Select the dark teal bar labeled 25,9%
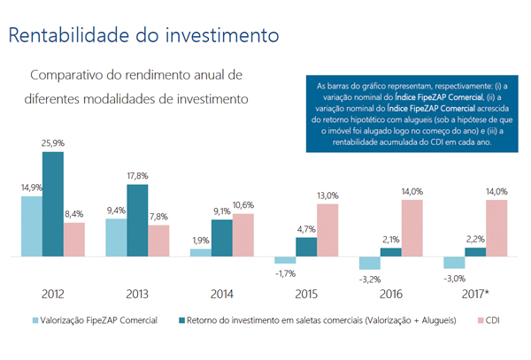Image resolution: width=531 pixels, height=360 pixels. click(52, 203)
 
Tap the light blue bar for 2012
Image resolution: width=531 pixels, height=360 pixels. click(31, 226)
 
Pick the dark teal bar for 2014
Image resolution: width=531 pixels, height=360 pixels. click(222, 238)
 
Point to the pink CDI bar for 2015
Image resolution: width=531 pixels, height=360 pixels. click(327, 230)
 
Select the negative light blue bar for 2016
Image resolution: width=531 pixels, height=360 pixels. click(369, 263)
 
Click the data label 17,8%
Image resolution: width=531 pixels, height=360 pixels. click(137, 175)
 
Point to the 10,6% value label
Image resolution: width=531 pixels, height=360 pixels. click(243, 205)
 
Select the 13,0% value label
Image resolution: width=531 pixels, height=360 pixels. click(327, 195)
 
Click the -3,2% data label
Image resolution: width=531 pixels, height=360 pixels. click(371, 280)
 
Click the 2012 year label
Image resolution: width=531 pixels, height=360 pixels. click(52, 293)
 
